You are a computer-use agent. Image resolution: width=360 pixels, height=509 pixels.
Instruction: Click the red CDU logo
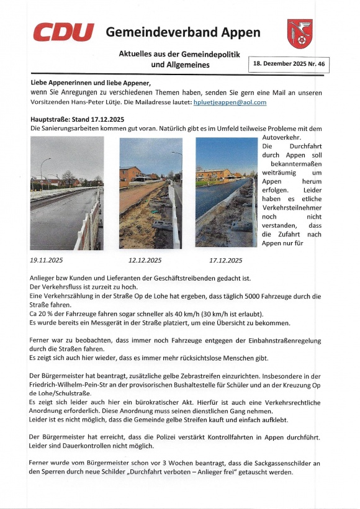(63, 32)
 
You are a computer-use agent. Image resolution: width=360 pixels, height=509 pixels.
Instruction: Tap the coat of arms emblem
(300, 33)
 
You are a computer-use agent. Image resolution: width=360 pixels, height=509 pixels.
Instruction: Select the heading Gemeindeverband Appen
(182, 32)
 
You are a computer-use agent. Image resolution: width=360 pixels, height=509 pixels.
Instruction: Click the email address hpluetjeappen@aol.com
(230, 102)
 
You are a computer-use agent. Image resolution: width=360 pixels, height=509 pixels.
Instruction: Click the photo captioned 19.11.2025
(66, 193)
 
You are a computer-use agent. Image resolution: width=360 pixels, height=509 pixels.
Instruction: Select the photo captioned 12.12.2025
(151, 193)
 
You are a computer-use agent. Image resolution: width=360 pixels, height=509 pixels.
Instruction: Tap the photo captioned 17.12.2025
(226, 193)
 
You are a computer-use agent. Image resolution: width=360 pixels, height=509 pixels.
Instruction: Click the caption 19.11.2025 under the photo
(47, 260)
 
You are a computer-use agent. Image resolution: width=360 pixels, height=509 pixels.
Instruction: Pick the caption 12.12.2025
(145, 260)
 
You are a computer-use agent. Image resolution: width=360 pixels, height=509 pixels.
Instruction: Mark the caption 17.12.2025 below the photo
(225, 260)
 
